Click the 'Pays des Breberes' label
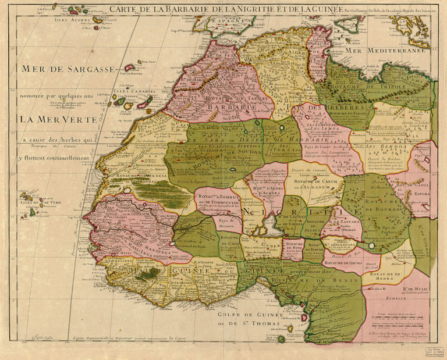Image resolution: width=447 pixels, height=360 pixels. pyautogui.click(x=323, y=108)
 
